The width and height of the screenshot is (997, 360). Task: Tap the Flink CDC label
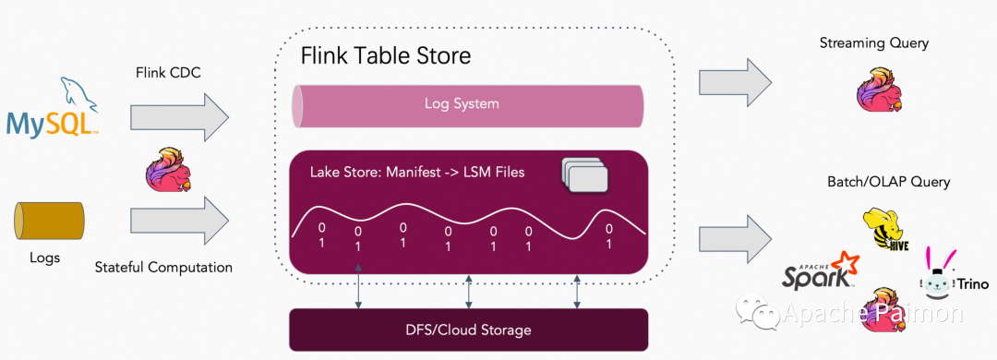point(169,73)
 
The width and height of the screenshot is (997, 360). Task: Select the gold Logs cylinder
point(49,222)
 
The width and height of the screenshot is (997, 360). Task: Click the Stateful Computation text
point(163,267)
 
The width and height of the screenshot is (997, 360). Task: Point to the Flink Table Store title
point(385,55)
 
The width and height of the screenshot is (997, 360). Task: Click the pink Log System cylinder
point(467,103)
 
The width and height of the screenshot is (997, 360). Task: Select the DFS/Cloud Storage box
point(468,330)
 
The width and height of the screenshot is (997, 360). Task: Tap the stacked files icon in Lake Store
point(585,174)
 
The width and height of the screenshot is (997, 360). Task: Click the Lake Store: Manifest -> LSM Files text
point(417,172)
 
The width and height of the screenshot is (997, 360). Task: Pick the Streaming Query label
point(873,43)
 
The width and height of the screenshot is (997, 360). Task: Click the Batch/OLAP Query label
point(888,182)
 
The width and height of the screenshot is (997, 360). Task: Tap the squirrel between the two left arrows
point(169,168)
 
